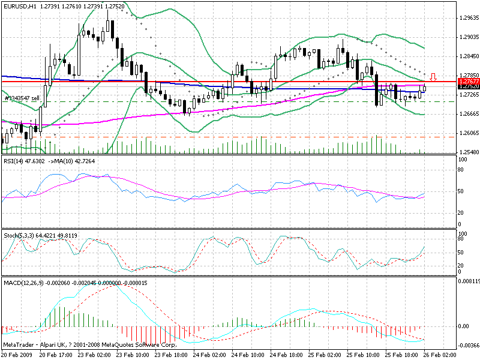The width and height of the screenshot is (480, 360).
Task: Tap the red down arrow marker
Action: point(434,77)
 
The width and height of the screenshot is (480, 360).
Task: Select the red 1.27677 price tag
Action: point(468,80)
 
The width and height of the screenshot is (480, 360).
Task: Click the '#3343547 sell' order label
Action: point(22,98)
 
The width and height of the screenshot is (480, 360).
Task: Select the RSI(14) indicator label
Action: point(14,161)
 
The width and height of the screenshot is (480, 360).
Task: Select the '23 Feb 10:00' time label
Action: point(133,355)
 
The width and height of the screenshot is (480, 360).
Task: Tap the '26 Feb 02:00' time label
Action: point(443,355)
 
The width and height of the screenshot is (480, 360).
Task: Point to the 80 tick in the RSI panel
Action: point(462,170)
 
